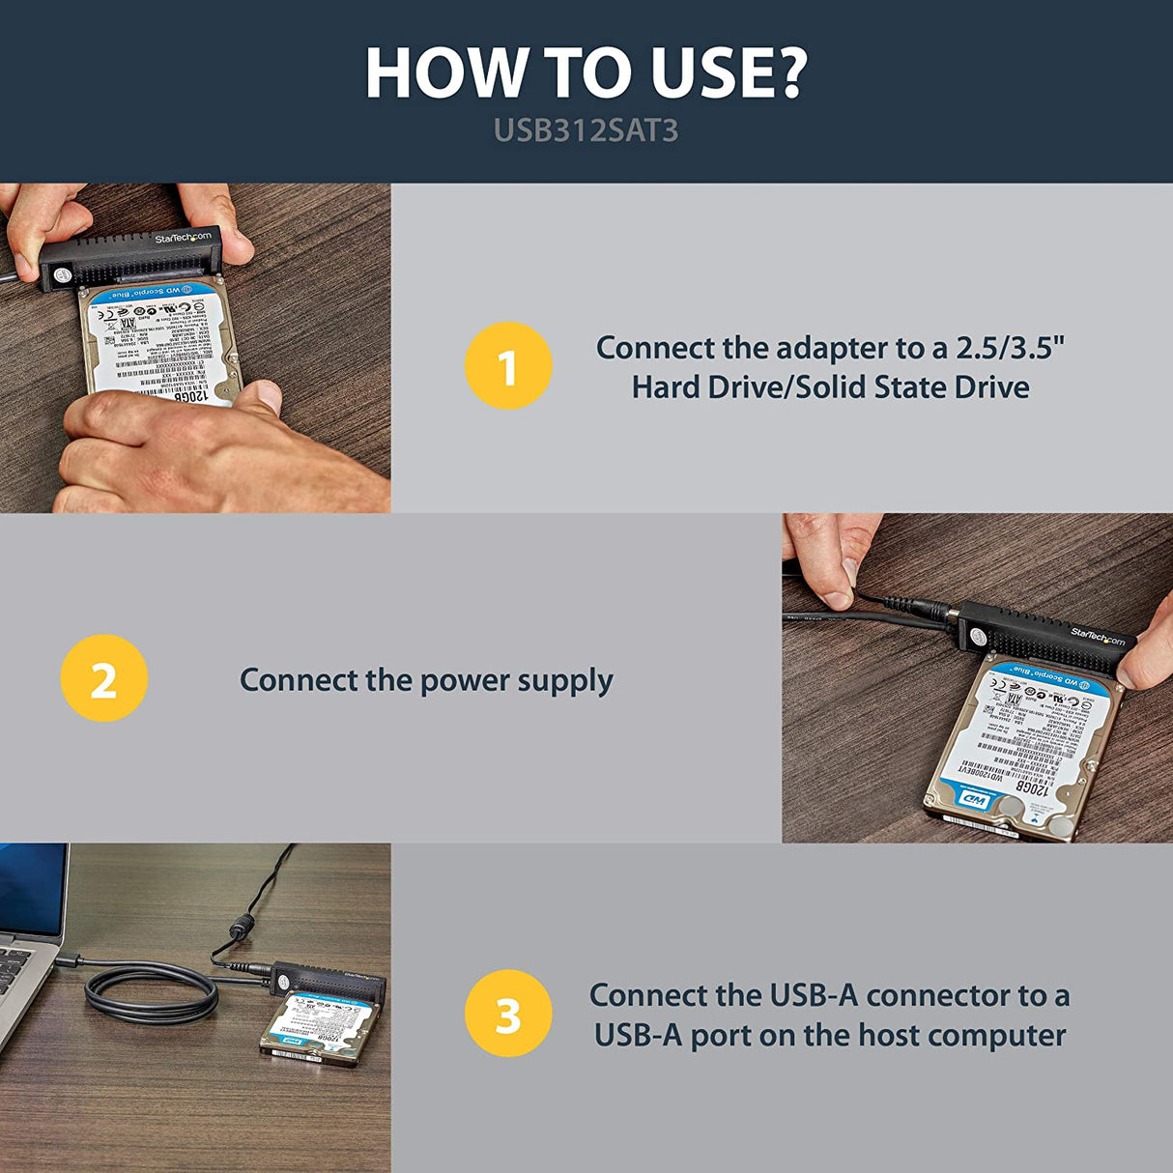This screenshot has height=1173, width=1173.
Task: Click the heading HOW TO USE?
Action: point(586,73)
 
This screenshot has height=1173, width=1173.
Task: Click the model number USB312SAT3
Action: point(586,130)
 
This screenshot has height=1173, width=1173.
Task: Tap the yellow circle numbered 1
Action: point(507,366)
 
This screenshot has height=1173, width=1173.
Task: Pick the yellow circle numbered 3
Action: point(507,1015)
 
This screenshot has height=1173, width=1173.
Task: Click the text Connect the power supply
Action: point(426,680)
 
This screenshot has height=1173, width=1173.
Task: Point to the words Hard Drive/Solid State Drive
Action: point(830,387)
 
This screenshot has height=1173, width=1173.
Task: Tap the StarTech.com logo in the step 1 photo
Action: point(183,238)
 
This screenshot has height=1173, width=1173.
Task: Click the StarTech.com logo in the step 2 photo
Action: point(1098,635)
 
